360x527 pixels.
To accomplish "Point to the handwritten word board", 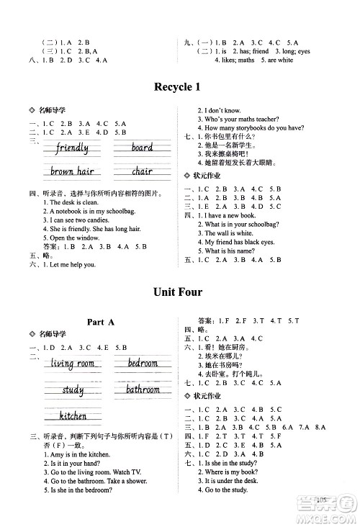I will pyautogui.click(x=142, y=148).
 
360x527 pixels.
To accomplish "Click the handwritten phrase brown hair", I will pyautogui.click(x=73, y=171).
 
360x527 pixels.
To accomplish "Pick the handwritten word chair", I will pyautogui.click(x=142, y=171).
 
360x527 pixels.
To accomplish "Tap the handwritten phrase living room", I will pyautogui.click(x=74, y=364).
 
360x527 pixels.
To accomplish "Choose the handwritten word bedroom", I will pyautogui.click(x=143, y=363).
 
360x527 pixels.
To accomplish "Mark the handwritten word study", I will pyautogui.click(x=73, y=390).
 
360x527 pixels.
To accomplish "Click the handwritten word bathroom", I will pyautogui.click(x=143, y=390).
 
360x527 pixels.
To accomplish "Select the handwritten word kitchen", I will pyautogui.click(x=73, y=415).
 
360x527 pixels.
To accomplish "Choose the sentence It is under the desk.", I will pyautogui.click(x=230, y=480).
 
